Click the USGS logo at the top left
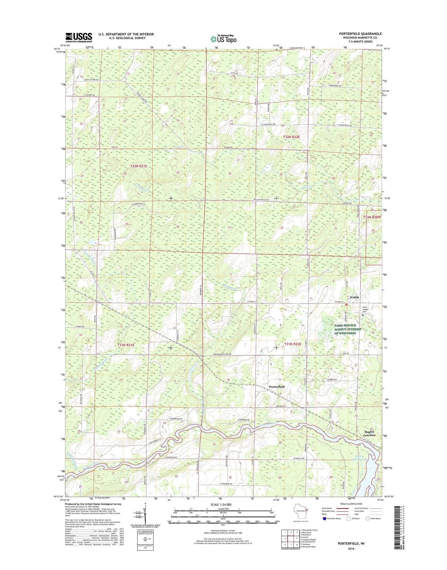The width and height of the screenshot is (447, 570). click(79, 37)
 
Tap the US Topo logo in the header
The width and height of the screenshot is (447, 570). click(223, 39)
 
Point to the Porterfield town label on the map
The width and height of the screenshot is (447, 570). click(277, 386)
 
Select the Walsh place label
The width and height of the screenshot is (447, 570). click(354, 297)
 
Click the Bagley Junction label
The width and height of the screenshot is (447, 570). click(369, 433)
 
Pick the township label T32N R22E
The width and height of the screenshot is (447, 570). click(291, 136)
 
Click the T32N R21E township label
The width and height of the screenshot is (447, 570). click(138, 166)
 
